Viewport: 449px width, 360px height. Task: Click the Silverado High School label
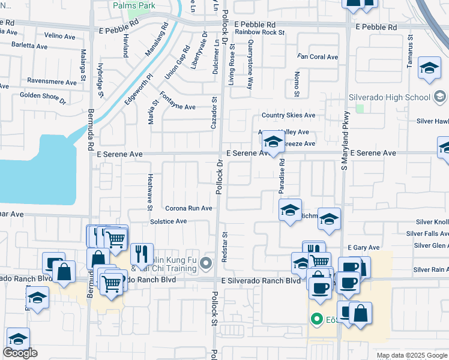click(x=390, y=97)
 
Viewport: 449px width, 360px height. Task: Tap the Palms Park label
click(x=134, y=5)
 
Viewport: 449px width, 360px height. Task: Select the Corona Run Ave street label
click(x=188, y=208)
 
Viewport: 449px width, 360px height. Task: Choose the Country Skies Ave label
click(x=288, y=115)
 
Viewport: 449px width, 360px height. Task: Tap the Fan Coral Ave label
click(x=318, y=57)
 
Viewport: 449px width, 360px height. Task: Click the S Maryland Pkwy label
click(x=345, y=144)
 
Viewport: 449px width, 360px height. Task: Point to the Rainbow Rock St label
click(x=259, y=32)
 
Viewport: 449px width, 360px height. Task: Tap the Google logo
click(x=20, y=353)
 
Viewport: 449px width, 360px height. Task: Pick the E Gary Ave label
click(x=364, y=247)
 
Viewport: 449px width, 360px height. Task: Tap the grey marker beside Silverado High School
click(x=439, y=97)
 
